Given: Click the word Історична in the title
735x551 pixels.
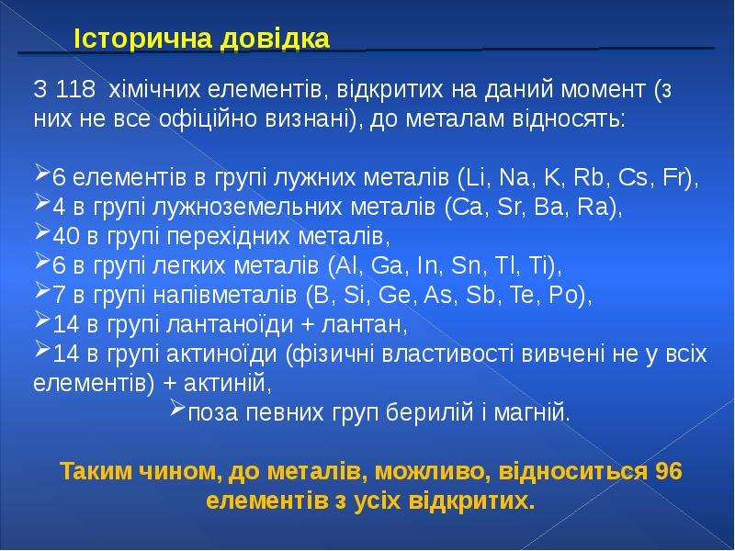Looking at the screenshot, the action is coord(144,39).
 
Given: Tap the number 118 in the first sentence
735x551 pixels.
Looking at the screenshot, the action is coord(75,89).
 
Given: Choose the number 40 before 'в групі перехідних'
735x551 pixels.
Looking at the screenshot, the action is coord(66,237).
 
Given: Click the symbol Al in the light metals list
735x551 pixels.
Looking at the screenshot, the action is coord(346,265).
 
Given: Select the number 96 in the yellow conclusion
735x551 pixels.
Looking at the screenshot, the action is coord(668,471).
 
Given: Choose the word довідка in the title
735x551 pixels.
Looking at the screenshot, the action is coord(275,39).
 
